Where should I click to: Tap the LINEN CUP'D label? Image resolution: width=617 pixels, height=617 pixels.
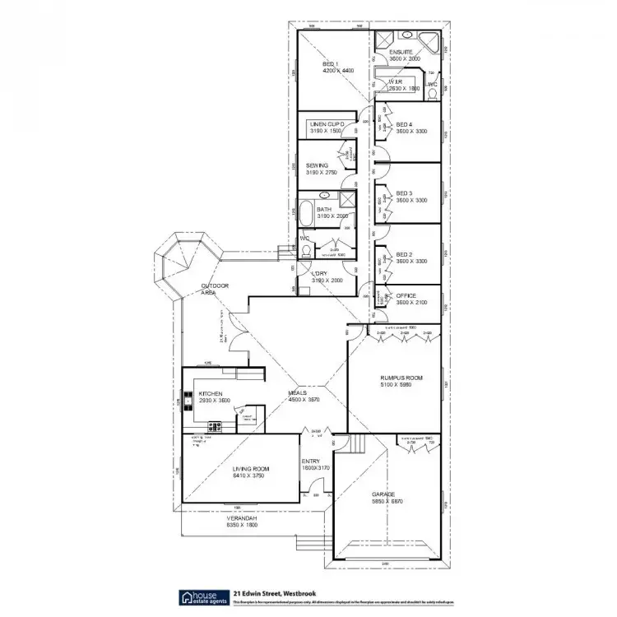[327, 123]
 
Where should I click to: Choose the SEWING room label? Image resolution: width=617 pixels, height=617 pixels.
[317, 165]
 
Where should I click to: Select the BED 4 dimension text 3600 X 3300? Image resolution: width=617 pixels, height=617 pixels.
[410, 131]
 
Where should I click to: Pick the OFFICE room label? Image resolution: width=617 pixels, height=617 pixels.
[406, 295]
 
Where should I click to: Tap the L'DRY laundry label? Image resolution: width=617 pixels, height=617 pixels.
[319, 273]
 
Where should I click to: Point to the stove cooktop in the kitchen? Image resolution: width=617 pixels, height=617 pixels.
[216, 425]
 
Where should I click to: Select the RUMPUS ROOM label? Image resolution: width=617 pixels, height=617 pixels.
[401, 378]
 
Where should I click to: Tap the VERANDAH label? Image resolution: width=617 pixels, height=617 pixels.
[244, 517]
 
